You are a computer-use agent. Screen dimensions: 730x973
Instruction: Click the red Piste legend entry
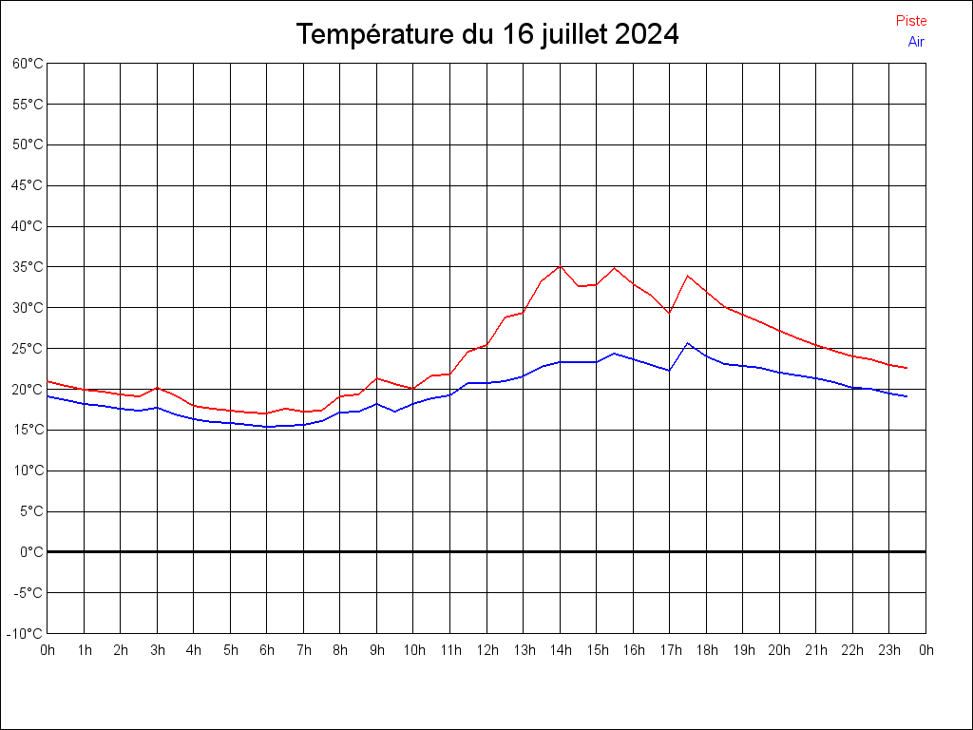911,21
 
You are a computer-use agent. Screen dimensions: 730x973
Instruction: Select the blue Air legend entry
916,42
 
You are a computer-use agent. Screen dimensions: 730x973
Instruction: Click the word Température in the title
375,35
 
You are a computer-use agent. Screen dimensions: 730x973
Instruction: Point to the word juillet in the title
573,35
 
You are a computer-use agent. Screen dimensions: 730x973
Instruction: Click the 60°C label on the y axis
28,64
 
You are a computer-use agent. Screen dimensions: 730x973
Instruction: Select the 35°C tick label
28,267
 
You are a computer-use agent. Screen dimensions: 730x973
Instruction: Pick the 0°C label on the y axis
31,552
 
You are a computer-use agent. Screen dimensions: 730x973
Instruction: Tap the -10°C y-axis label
26,634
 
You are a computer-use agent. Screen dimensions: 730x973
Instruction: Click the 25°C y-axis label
28,349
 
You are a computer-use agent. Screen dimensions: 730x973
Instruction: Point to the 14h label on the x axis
561,651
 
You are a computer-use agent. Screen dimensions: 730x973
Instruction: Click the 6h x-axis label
267,651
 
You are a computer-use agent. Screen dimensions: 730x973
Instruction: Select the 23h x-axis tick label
889,651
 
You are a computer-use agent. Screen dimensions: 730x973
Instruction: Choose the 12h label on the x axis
487,651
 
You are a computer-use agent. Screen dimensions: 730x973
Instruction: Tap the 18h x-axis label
707,651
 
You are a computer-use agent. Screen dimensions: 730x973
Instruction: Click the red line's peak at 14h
560,266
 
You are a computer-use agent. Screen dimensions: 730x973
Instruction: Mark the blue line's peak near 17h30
688,343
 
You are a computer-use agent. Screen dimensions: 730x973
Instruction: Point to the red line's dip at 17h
669,313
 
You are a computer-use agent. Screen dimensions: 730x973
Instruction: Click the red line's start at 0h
48,381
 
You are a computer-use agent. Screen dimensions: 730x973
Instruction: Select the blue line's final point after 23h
907,396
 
